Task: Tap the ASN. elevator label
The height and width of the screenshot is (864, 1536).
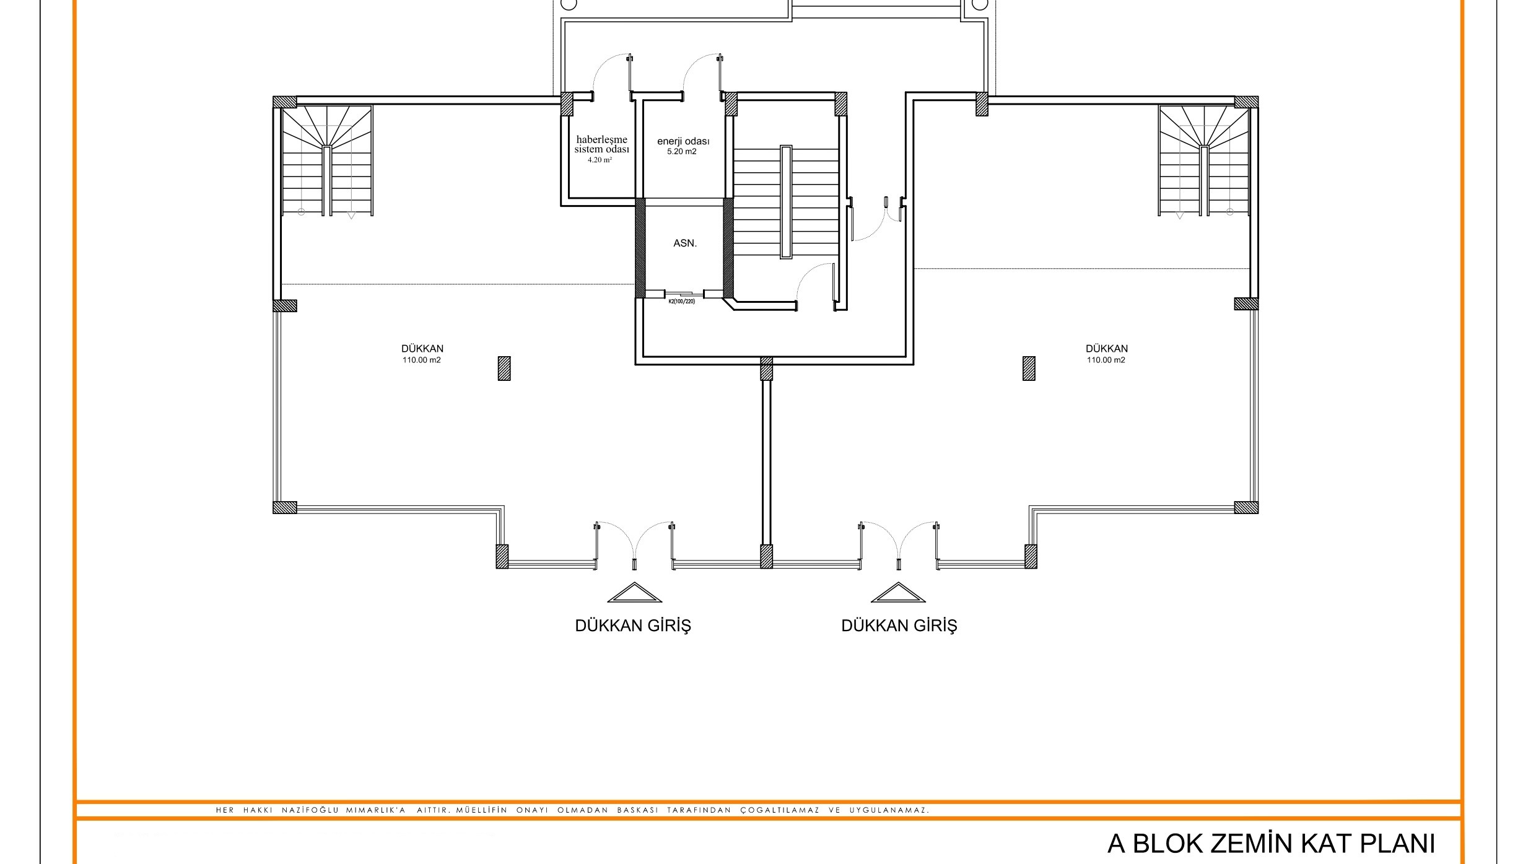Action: coord(685,243)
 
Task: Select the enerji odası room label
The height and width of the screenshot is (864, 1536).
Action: coord(683,141)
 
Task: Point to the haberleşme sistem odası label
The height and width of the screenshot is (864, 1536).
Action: coord(601,144)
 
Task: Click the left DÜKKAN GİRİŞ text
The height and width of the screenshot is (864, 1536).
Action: coord(633,626)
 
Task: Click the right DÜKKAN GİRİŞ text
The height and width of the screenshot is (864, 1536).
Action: coord(899,626)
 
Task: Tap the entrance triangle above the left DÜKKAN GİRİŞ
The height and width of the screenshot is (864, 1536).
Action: coord(634,592)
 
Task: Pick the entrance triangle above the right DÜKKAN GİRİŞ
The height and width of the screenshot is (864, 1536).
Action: coord(898,592)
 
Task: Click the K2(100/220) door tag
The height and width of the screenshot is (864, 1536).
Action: coord(681,302)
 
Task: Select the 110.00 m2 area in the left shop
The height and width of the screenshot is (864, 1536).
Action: coord(422,360)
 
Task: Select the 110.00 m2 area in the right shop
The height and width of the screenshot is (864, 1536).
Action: coord(1106,360)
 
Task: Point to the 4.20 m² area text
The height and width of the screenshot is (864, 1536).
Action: coord(600,160)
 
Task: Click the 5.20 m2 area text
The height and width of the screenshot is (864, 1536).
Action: coord(682,151)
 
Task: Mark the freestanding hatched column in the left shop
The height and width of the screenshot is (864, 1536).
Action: coord(504,368)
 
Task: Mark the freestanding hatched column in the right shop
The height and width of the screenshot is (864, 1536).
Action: coord(1029,368)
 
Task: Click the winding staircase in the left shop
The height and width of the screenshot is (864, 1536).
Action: coord(327,161)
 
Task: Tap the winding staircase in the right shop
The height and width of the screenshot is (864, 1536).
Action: coord(1205,161)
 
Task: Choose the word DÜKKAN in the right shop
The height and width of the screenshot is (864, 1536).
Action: coord(1106,349)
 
